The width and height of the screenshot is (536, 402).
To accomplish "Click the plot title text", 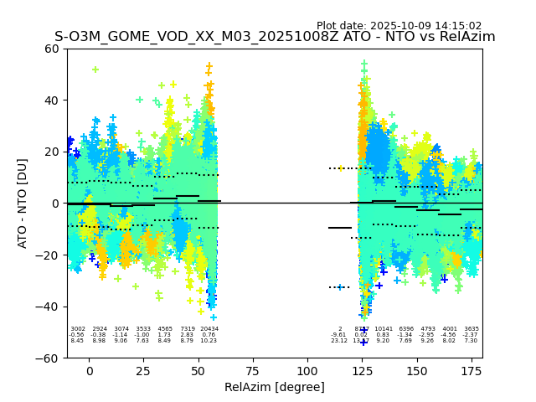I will [275, 37].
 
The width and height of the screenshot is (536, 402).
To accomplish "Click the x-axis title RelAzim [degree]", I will [274, 387].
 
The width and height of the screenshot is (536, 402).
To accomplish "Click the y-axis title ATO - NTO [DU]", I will [23, 204].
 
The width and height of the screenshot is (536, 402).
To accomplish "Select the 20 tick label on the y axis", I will [51, 152].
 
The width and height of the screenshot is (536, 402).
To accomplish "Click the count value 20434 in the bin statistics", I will [209, 329].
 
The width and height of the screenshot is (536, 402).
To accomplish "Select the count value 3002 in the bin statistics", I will [78, 329].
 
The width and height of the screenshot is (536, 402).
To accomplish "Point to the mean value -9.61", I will [339, 335].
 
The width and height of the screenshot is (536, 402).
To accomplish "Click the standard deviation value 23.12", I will [339, 341].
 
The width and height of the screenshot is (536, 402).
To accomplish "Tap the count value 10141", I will [384, 329].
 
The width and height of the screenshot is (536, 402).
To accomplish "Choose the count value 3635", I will [472, 329].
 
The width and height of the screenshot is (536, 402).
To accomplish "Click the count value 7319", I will [187, 329].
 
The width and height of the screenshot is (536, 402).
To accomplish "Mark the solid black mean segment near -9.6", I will [340, 228].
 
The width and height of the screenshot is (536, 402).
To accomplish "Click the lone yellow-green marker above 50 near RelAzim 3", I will [95, 70].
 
